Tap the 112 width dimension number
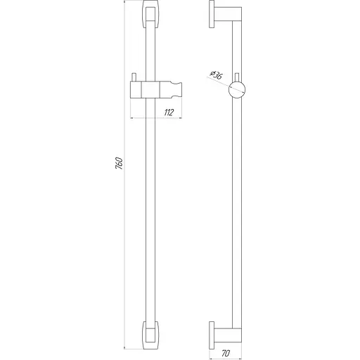[169, 112]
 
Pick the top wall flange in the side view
[213, 17]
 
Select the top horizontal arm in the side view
[226, 17]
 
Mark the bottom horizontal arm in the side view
[226, 334]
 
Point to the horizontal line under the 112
[158, 117]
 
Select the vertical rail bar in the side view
[238, 211]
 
